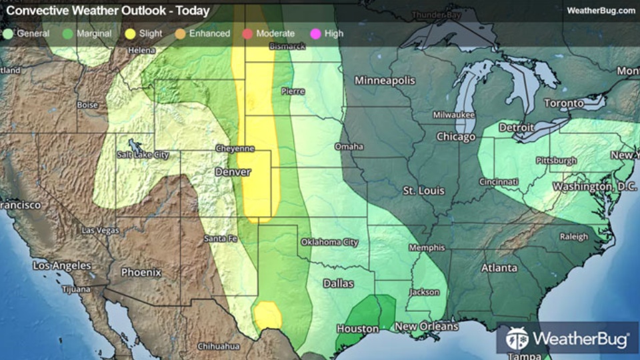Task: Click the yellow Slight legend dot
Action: coord(129,33)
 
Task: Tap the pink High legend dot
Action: coord(315,33)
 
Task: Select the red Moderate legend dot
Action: coord(247,33)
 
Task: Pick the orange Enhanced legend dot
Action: coord(180,33)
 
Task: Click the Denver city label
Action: coord(233,172)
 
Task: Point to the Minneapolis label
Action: coord(385,81)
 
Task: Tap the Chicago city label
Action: coord(456,137)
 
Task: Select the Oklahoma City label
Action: coord(330,242)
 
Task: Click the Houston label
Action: coord(357,329)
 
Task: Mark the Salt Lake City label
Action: coord(143,155)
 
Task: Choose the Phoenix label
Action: coord(141,273)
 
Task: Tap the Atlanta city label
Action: coord(499,268)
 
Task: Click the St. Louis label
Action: coord(423,191)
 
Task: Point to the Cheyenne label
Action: coord(235,148)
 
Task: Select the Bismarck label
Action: coord(287,47)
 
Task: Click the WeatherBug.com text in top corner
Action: coord(601,11)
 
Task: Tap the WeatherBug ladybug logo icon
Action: coord(517,339)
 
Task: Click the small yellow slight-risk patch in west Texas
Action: coord(267,314)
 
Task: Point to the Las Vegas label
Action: coord(101,230)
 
